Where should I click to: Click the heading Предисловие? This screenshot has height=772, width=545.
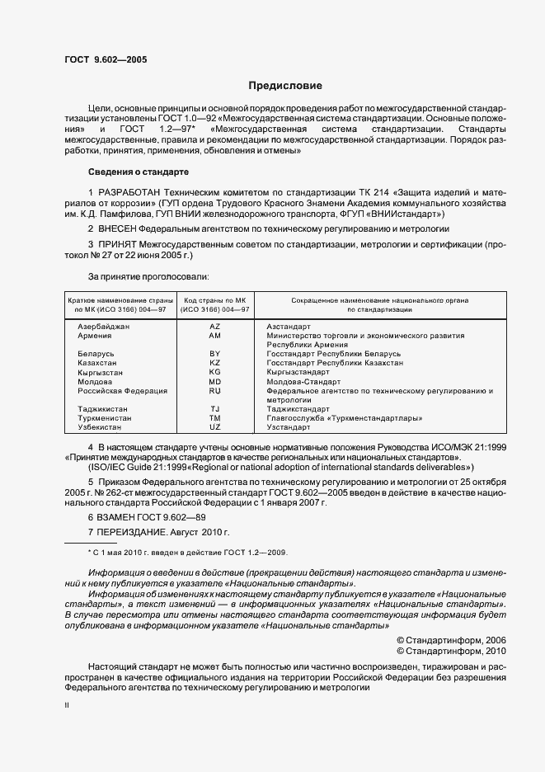point(286,85)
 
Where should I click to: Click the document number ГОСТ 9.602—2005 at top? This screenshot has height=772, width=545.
point(106,60)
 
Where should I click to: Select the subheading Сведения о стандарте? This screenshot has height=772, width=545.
point(139,172)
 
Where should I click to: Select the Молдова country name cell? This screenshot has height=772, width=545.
point(95,382)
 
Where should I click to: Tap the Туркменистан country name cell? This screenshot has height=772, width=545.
point(105,418)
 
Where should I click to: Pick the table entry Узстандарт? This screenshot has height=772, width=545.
point(289,427)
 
